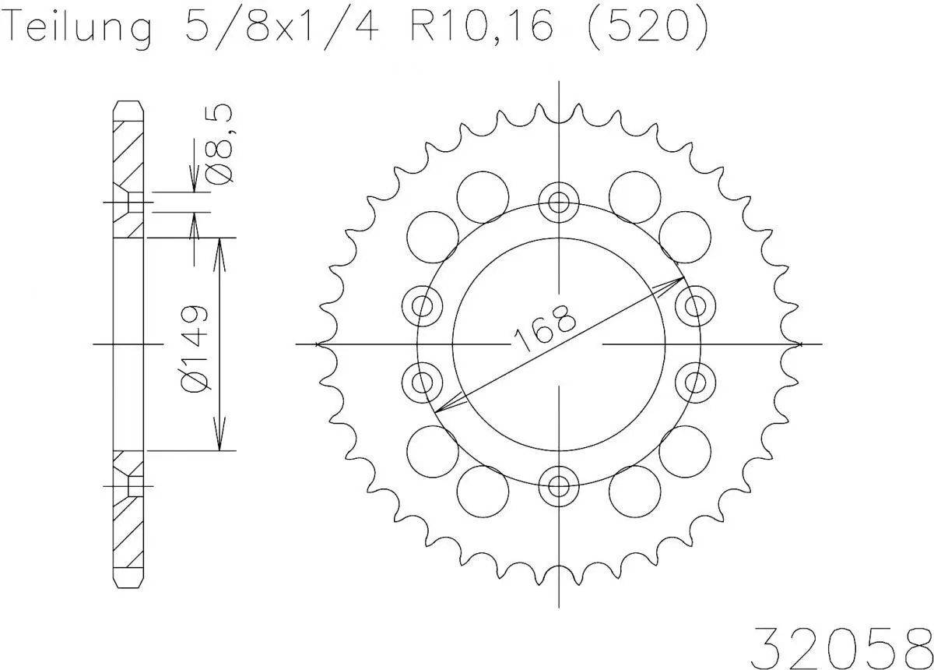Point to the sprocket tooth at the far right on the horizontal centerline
(794, 344)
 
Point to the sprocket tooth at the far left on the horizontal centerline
(322, 344)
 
